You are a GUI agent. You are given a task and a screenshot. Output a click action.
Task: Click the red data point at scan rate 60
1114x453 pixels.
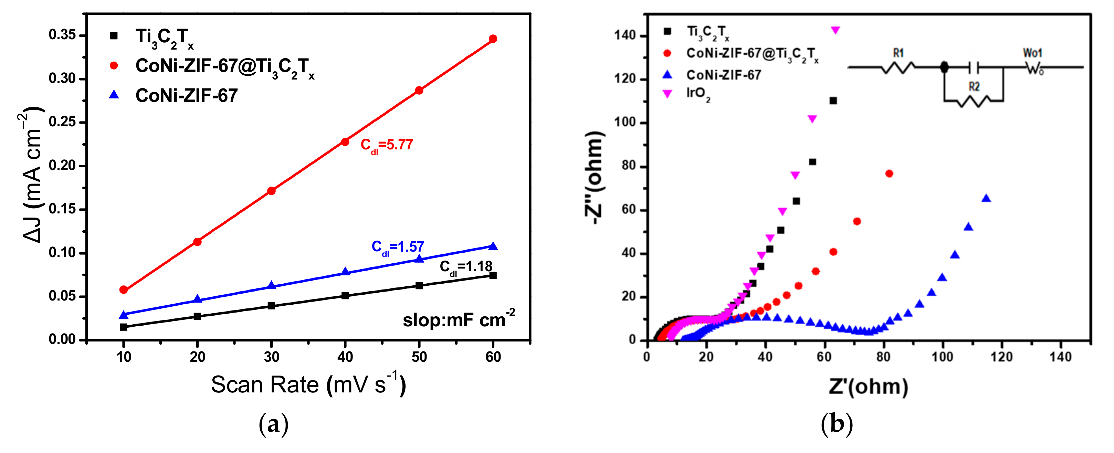[x=493, y=39]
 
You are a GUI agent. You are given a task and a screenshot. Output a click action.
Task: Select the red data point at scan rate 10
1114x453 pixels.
[x=124, y=289]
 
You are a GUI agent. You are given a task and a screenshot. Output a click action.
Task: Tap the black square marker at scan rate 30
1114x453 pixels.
[x=272, y=306]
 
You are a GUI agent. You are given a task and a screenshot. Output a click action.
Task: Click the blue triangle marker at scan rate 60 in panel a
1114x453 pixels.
[x=493, y=246]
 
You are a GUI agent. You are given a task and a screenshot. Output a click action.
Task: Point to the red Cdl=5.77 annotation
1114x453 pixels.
[x=387, y=145]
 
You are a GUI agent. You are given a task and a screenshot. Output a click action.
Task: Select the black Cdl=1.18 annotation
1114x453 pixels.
[x=466, y=267]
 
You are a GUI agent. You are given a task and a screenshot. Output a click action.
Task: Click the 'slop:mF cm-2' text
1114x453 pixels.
[x=459, y=320]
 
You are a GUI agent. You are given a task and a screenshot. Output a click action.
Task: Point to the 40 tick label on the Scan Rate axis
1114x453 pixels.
[x=345, y=357]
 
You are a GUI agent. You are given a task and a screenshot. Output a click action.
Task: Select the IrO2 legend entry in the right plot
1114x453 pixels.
[x=697, y=93]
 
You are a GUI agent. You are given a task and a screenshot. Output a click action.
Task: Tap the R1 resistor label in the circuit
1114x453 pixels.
[x=898, y=53]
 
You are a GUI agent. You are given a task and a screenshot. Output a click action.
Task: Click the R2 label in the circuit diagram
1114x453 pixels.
[x=974, y=87]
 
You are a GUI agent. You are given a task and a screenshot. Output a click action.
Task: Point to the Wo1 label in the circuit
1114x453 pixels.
[x=1032, y=53]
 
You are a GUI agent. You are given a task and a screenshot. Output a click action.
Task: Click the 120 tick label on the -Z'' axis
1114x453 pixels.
[x=625, y=79]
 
